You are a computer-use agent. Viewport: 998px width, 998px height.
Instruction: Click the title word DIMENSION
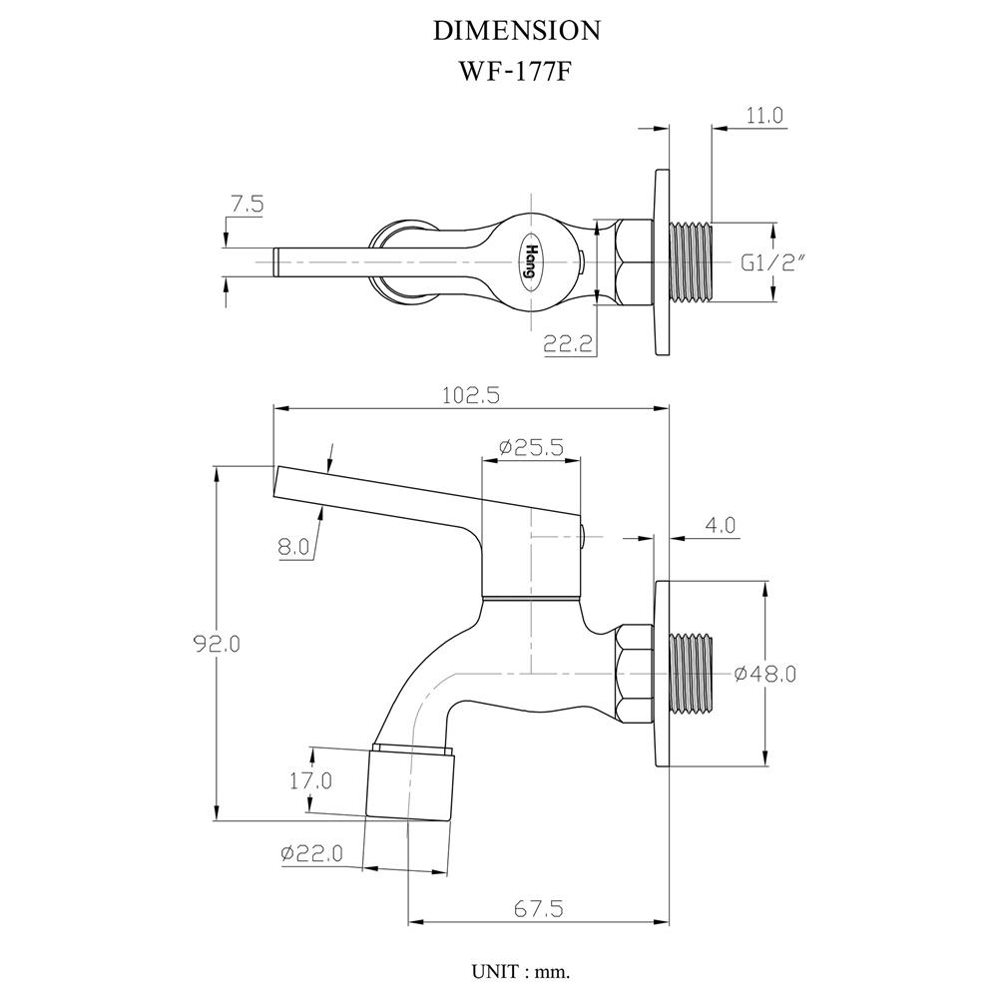[x=516, y=31]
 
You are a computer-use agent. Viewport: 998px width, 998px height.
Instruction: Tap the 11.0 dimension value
[x=764, y=116]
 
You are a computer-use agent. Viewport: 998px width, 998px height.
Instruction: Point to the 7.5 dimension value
[x=246, y=205]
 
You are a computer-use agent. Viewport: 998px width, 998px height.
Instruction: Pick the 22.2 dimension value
[x=569, y=345]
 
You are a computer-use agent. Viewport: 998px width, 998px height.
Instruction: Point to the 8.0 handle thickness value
[x=295, y=546]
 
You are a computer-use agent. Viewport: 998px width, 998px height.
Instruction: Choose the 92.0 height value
[x=217, y=644]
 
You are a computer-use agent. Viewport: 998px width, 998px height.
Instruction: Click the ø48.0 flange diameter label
[x=764, y=674]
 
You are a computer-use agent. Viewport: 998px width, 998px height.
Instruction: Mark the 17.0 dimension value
[x=310, y=781]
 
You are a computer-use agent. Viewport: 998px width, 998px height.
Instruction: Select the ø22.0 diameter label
[x=311, y=853]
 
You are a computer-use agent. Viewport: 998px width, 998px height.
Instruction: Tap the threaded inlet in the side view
[x=691, y=674]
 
